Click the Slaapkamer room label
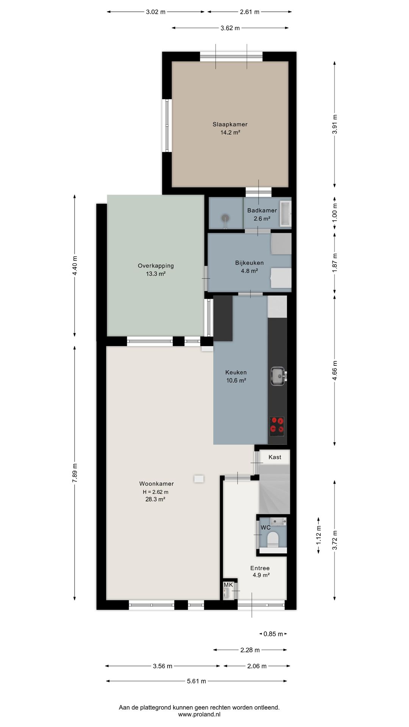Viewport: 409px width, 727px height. [230, 124]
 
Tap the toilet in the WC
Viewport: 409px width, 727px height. [273, 539]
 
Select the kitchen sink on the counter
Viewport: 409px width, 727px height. [279, 376]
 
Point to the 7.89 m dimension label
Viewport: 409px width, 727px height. [75, 473]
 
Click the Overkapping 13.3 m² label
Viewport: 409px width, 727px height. [156, 270]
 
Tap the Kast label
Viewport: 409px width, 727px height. [275, 457]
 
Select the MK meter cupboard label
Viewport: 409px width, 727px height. [228, 585]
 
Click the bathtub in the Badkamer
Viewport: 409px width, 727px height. [286, 214]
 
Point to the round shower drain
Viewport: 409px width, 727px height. [226, 218]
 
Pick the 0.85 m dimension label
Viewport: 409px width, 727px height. [273, 634]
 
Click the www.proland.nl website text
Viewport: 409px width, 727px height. [199, 715]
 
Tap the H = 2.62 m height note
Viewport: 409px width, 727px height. [156, 492]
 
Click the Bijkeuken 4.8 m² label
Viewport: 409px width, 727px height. [249, 267]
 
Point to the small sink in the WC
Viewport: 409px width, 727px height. [278, 521]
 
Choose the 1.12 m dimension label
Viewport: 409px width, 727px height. [319, 535]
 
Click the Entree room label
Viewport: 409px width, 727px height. [260, 568]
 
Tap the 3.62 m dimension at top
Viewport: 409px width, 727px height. [230, 28]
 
